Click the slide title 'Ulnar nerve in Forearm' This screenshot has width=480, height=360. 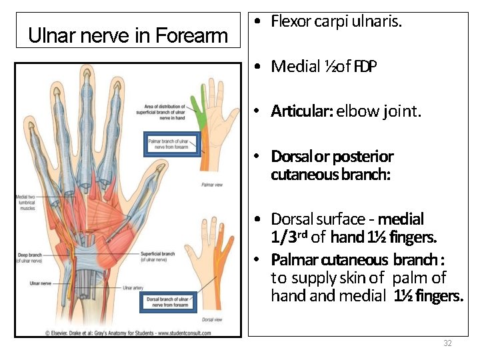click(128, 35)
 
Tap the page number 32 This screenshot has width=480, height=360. click(447, 343)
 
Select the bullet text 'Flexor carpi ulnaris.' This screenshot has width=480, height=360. click(336, 21)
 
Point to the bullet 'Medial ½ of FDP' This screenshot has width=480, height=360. click(323, 66)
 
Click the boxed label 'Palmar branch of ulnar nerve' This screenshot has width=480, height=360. click(173, 144)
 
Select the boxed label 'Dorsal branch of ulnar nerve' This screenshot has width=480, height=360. click(172, 303)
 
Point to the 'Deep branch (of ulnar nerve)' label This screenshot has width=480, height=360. click(31, 257)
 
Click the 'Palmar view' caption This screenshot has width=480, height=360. click(212, 184)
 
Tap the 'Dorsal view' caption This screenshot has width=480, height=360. click(212, 320)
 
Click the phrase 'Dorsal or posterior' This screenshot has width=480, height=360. click(332, 157)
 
